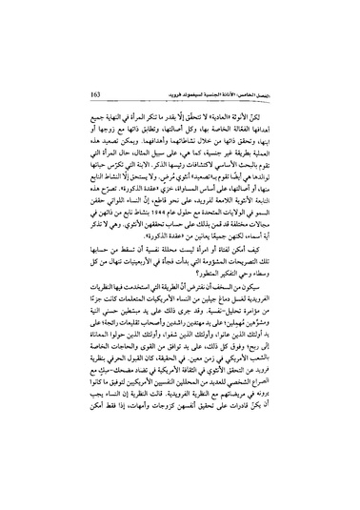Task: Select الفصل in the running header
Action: click(x=313, y=95)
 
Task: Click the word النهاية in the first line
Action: click(x=126, y=125)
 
